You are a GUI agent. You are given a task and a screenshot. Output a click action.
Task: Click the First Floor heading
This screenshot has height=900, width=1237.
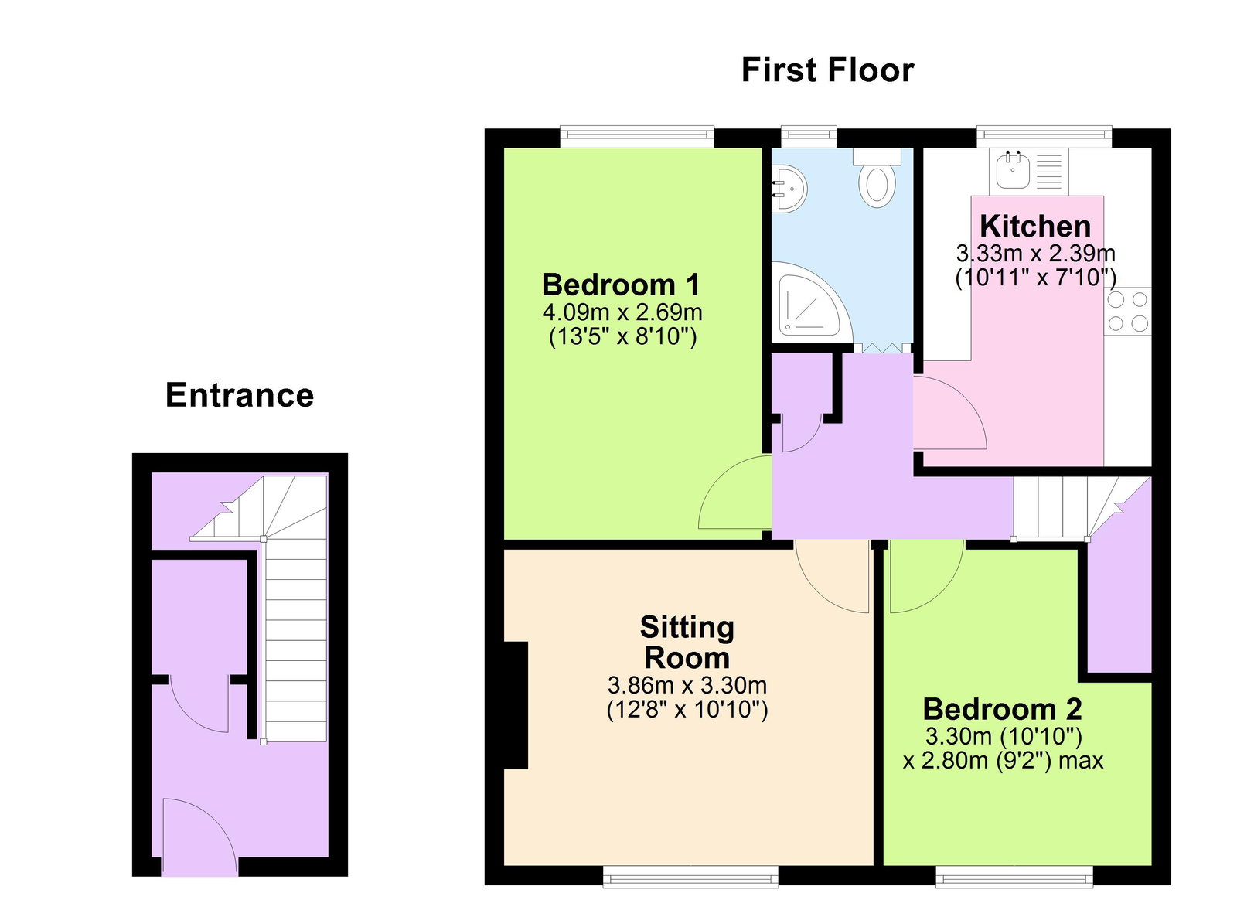click(x=827, y=70)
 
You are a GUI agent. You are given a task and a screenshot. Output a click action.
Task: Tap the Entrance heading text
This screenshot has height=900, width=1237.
click(x=240, y=395)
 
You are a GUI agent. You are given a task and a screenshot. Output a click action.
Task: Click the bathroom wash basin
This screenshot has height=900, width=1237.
click(x=789, y=189)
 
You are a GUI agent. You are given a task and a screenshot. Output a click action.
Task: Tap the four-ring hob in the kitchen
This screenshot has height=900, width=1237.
click(x=1128, y=311)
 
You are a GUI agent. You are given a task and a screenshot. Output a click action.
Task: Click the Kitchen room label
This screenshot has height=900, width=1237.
click(x=1035, y=226)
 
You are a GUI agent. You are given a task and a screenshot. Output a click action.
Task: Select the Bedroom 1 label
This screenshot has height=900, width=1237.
click(x=621, y=285)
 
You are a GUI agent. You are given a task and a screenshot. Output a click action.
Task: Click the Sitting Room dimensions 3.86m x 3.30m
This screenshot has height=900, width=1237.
click(x=687, y=685)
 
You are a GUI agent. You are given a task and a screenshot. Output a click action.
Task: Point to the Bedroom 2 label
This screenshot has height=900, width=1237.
click(x=1002, y=709)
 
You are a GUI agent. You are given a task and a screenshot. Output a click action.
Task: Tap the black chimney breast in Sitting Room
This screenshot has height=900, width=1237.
click(x=516, y=705)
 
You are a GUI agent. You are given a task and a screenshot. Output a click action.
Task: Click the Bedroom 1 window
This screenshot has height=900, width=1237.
click(x=637, y=137)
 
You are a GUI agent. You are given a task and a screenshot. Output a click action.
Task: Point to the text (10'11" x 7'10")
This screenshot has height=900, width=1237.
click(x=1035, y=277)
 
